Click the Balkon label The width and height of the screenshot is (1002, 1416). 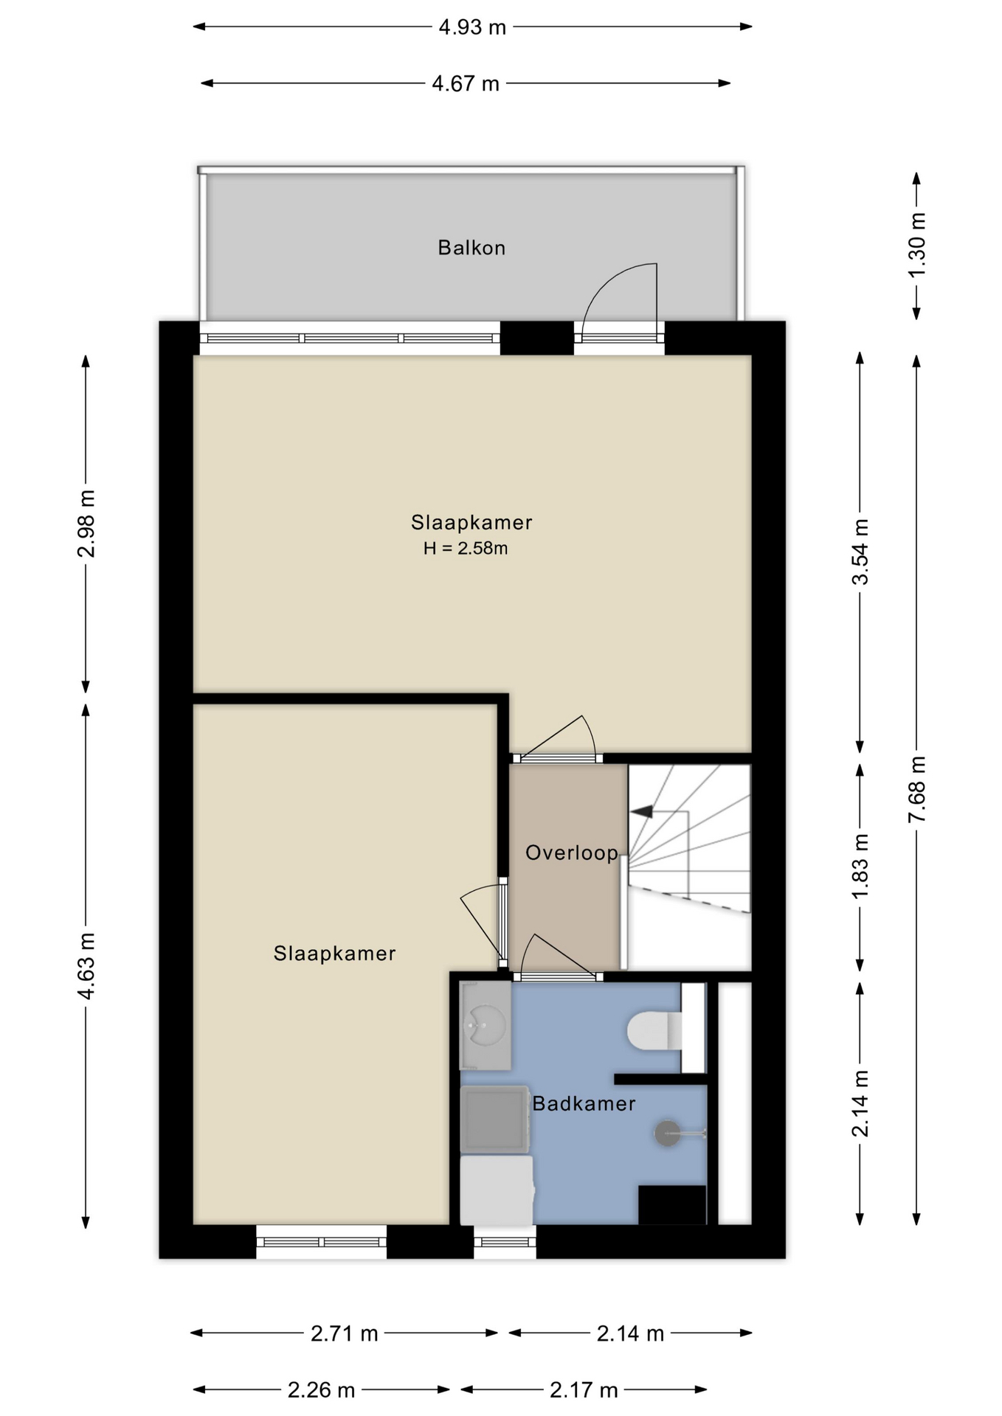coord(471,247)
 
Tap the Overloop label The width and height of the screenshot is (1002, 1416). coord(572,853)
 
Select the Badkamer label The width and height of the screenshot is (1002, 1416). coord(584,1103)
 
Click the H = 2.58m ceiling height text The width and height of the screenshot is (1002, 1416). coord(466,548)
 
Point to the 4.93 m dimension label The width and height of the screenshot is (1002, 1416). coord(472,27)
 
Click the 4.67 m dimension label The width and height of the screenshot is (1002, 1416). coord(466,83)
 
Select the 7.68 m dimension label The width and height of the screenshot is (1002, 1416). coord(916,789)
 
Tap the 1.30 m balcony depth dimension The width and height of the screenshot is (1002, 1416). coord(916,246)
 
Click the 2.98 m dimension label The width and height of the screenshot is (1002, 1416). coord(86,524)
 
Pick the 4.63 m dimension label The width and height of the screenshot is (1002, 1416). coord(86,967)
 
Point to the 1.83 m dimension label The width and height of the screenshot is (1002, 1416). coord(860,866)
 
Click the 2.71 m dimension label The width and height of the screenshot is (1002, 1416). coord(345,1333)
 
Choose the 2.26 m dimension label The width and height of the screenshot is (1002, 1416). coord(322,1390)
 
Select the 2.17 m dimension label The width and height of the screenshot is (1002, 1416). coord(584,1390)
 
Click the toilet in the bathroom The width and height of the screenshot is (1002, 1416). coord(654,1030)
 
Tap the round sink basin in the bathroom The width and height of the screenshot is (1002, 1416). coord(485,1025)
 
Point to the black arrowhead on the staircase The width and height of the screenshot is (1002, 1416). coord(642,811)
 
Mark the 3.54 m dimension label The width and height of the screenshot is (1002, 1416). coord(860,552)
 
